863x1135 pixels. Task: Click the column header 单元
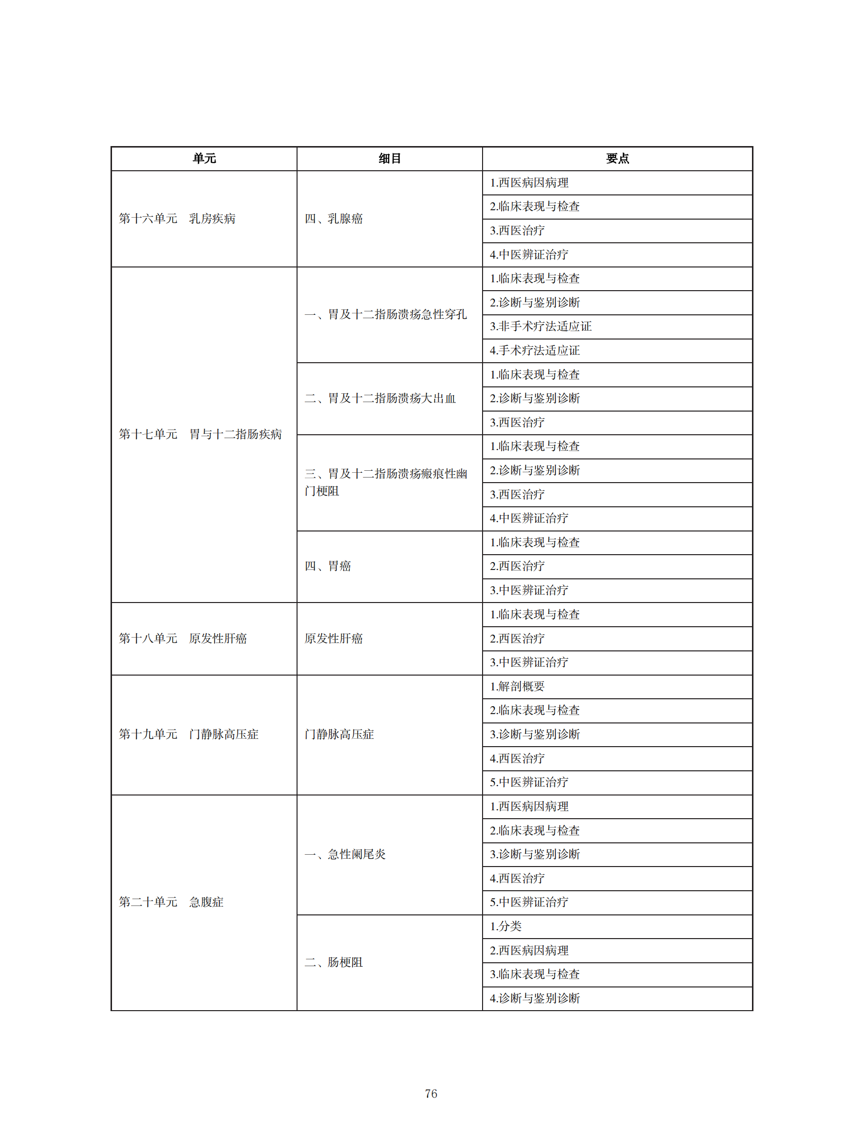204,158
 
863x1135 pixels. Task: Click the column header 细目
389,158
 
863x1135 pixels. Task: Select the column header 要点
617,158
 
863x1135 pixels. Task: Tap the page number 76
431,1094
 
